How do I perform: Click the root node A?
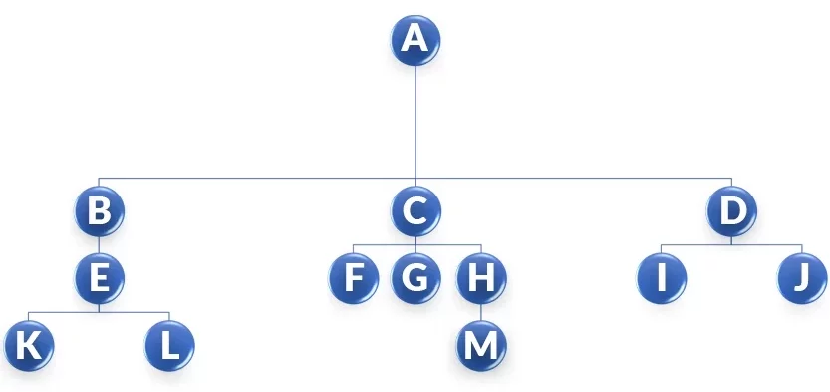coord(415,40)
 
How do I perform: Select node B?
coord(99,210)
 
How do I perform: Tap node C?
coord(415,210)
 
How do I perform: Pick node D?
coord(732,210)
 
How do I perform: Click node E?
coord(99,278)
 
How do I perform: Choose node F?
coord(353,278)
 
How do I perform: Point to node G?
coord(415,278)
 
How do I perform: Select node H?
coord(481,278)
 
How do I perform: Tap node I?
coord(662,278)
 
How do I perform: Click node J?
coord(802,278)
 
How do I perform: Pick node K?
coord(28,345)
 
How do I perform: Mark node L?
coord(169,345)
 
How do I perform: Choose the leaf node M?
coord(481,345)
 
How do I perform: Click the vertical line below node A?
coord(415,120)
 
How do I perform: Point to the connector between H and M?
coord(481,312)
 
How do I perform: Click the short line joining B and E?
coord(99,244)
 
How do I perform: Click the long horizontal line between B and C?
coord(257,179)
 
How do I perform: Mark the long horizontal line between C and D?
coord(574,179)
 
